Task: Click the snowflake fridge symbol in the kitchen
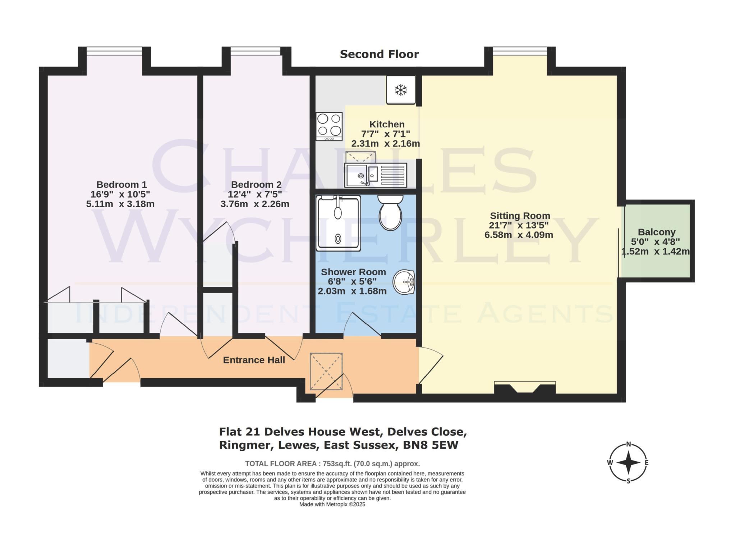401,90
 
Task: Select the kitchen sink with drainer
375,175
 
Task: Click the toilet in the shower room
390,213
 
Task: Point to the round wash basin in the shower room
404,282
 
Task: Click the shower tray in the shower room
338,223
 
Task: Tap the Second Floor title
379,54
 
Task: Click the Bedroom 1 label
121,185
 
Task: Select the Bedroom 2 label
256,185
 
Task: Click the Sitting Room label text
520,216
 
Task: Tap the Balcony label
657,232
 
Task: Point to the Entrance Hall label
254,360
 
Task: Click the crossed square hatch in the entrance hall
326,371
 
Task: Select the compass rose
628,462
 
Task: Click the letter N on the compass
629,444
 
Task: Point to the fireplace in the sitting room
525,389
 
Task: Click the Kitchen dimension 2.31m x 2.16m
385,144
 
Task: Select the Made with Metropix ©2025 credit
332,504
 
